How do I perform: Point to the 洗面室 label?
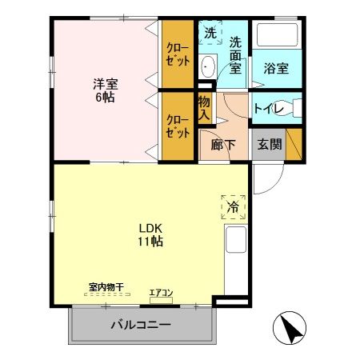(234, 54)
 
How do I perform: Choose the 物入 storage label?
(204, 109)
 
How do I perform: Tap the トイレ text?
(266, 109)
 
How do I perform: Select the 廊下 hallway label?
(222, 145)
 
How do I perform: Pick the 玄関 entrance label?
(268, 145)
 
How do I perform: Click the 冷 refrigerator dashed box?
(233, 206)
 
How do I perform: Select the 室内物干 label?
(105, 286)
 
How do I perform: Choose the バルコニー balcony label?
(140, 326)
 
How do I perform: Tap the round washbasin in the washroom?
(207, 66)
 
